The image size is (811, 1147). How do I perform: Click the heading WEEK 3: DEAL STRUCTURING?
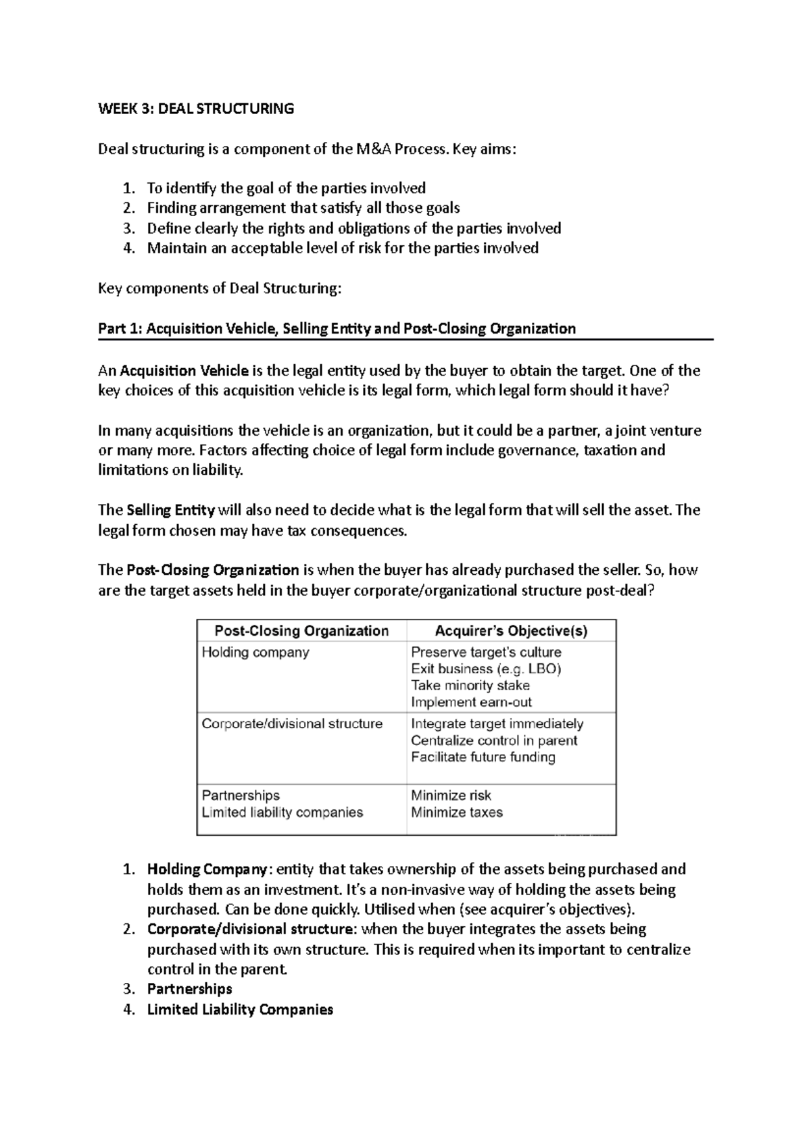[196, 109]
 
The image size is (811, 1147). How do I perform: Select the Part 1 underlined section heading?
[337, 329]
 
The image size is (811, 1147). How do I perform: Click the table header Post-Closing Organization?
[301, 631]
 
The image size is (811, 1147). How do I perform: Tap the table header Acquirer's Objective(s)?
[511, 631]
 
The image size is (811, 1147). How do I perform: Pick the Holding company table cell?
[255, 653]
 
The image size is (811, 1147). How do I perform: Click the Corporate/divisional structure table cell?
[292, 724]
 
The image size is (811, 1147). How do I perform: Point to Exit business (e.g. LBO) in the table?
[486, 669]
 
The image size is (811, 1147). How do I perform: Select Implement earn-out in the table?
[471, 703]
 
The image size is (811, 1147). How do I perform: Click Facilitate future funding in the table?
[483, 757]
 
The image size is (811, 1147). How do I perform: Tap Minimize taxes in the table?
[457, 813]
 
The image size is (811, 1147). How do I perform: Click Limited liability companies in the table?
[282, 813]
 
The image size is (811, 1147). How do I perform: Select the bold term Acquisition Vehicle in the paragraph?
[184, 371]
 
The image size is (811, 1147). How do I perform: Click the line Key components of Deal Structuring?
[220, 289]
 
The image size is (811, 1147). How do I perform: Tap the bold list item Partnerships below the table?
[189, 989]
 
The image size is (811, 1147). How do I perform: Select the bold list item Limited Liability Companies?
[240, 1010]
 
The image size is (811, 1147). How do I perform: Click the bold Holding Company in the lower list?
[207, 869]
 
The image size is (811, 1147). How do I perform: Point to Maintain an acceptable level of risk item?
[343, 248]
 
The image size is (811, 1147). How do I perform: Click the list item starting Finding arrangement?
[303, 208]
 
